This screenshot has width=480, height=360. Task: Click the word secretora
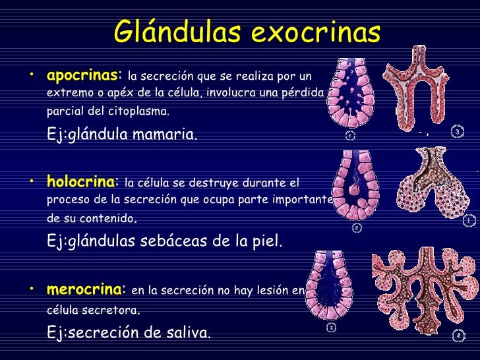click(112, 309)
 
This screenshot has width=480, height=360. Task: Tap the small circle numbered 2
click(356, 228)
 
